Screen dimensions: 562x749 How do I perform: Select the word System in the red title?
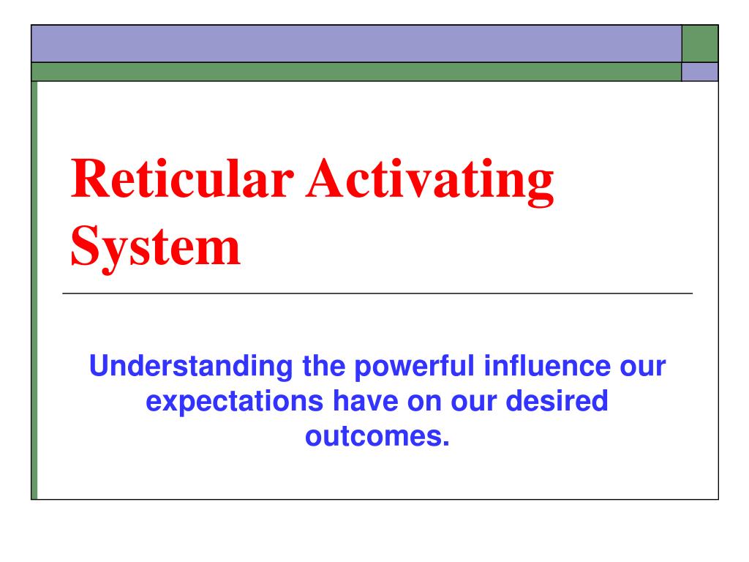click(x=156, y=247)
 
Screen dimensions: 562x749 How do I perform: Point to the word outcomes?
click(x=371, y=437)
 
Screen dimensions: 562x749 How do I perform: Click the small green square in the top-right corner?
click(x=699, y=44)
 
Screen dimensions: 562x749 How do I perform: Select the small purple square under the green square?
click(x=699, y=71)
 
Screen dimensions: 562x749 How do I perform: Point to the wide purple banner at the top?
click(x=356, y=44)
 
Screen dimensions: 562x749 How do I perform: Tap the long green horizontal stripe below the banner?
click(x=356, y=71)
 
